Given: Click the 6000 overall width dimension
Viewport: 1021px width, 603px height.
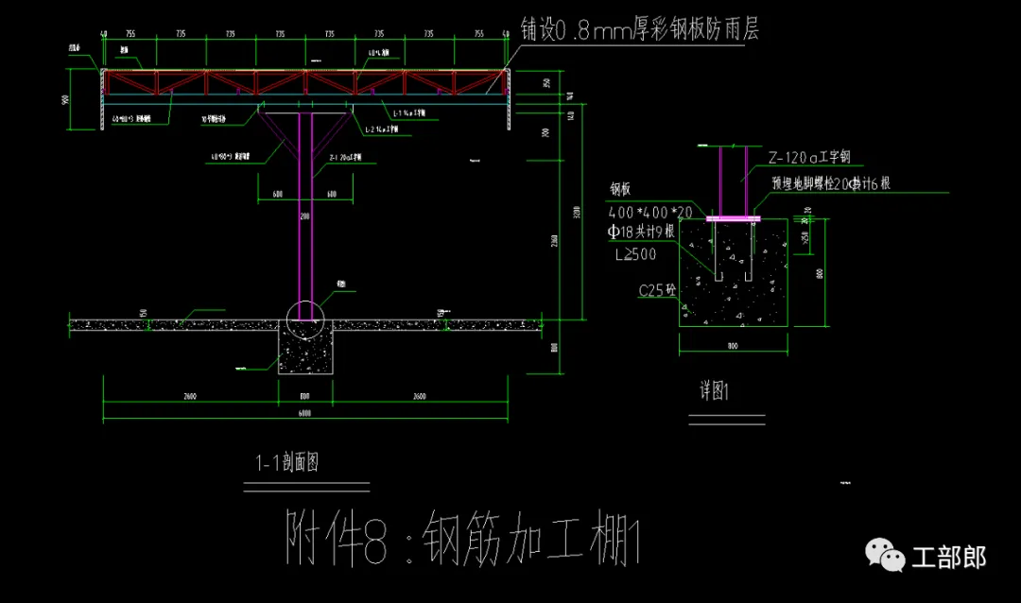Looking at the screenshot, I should coord(304,413).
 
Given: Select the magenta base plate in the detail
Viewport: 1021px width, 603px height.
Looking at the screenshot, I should coord(732,218).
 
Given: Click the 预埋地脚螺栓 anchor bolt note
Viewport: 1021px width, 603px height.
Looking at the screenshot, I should coord(831,184).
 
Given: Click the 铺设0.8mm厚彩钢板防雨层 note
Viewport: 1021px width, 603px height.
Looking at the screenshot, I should coord(639,30).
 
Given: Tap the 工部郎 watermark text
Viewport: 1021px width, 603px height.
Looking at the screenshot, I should coord(948,558).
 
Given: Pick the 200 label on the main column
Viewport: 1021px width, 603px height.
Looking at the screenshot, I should coord(304,216).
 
